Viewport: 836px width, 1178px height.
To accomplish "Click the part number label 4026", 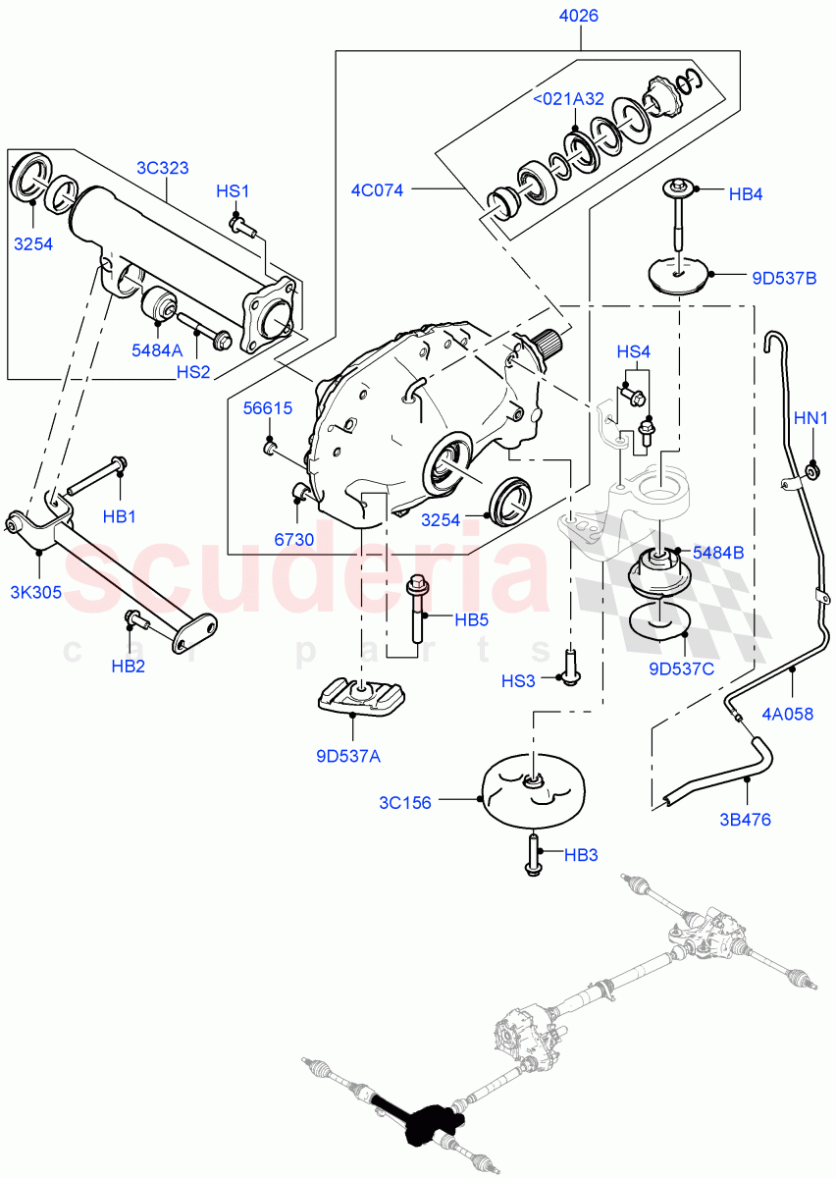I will point(579,16).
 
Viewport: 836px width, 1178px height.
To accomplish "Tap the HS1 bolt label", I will point(234,191).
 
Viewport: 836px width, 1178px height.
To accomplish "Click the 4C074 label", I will point(378,190).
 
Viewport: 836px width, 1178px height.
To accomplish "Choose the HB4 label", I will point(746,194).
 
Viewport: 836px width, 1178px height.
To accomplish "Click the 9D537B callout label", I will point(783,277).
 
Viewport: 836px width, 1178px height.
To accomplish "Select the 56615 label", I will point(268,408).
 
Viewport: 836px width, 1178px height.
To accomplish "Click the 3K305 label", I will point(35,592).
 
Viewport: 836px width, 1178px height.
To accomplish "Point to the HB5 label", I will point(472,619).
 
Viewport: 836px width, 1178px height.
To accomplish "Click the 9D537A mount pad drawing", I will point(361,698).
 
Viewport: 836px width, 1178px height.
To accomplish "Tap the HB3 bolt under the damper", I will point(533,855).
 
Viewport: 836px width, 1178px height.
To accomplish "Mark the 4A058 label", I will point(787,714).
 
